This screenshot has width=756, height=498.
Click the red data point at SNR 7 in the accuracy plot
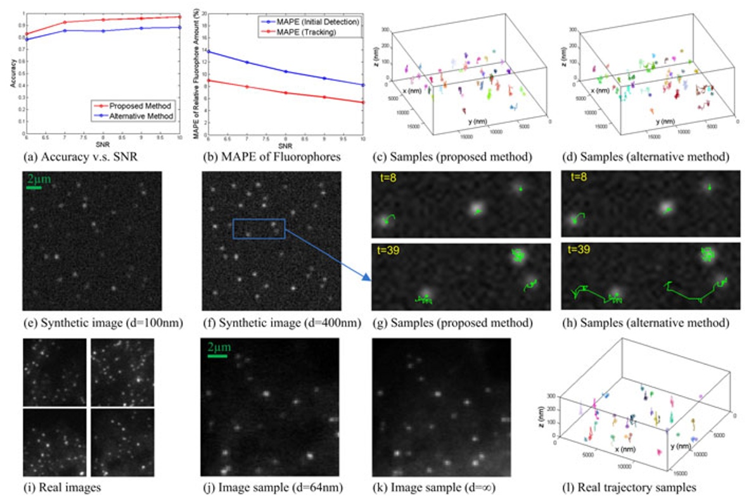click(x=65, y=22)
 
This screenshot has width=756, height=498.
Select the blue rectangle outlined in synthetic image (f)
click(x=259, y=229)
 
